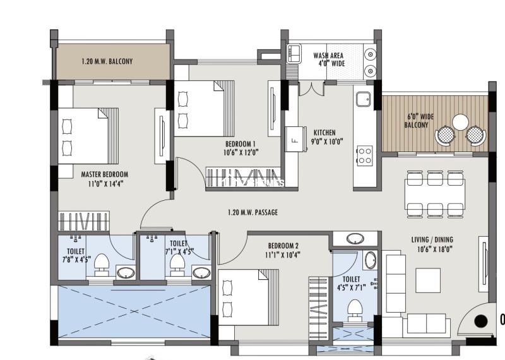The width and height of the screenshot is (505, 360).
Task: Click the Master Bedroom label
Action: (x=105, y=174)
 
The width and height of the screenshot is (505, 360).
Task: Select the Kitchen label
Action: (x=324, y=133)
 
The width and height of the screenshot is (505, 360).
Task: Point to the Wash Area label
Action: (x=329, y=56)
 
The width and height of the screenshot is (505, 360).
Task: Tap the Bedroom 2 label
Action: (x=283, y=246)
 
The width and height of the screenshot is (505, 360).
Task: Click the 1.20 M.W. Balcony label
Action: (x=107, y=62)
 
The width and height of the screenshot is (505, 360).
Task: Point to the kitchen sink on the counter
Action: (x=362, y=99)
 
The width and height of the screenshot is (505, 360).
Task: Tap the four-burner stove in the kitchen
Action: (x=364, y=155)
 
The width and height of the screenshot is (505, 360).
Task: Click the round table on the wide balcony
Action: (x=461, y=121)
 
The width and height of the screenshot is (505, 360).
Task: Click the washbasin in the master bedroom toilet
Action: (x=125, y=273)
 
